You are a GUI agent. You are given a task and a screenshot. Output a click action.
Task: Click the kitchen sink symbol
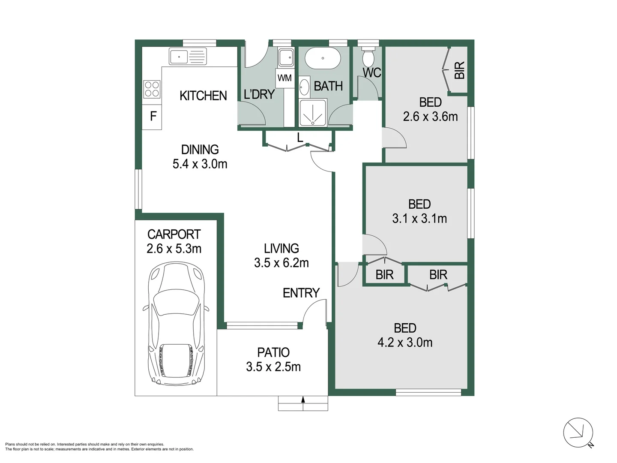(x=188, y=57)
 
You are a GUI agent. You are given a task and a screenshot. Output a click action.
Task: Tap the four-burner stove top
(x=152, y=90)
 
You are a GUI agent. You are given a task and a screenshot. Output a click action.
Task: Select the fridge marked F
(x=153, y=116)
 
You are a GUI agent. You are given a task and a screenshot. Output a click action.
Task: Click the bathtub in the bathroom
(x=323, y=59)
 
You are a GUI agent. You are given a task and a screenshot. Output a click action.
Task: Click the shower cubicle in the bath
(x=312, y=113)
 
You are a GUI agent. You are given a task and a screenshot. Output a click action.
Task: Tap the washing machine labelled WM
(x=285, y=78)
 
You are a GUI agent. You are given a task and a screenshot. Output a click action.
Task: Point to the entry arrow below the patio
(x=303, y=400)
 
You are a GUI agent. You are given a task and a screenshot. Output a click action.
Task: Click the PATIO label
(x=273, y=352)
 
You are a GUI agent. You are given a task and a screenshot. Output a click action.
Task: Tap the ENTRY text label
(x=301, y=293)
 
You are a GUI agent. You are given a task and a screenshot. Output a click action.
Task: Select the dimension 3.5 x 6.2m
(x=281, y=263)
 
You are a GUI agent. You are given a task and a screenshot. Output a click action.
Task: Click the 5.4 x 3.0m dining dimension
(x=200, y=164)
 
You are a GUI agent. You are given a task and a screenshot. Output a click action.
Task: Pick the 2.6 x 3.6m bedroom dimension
(x=430, y=117)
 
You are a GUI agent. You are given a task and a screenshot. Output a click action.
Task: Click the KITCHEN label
(x=203, y=96)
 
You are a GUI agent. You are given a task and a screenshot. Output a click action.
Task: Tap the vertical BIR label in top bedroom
(x=459, y=70)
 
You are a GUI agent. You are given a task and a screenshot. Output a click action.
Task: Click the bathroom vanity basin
(x=304, y=87)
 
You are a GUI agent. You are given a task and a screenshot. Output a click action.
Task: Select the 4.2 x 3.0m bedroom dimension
(x=405, y=343)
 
